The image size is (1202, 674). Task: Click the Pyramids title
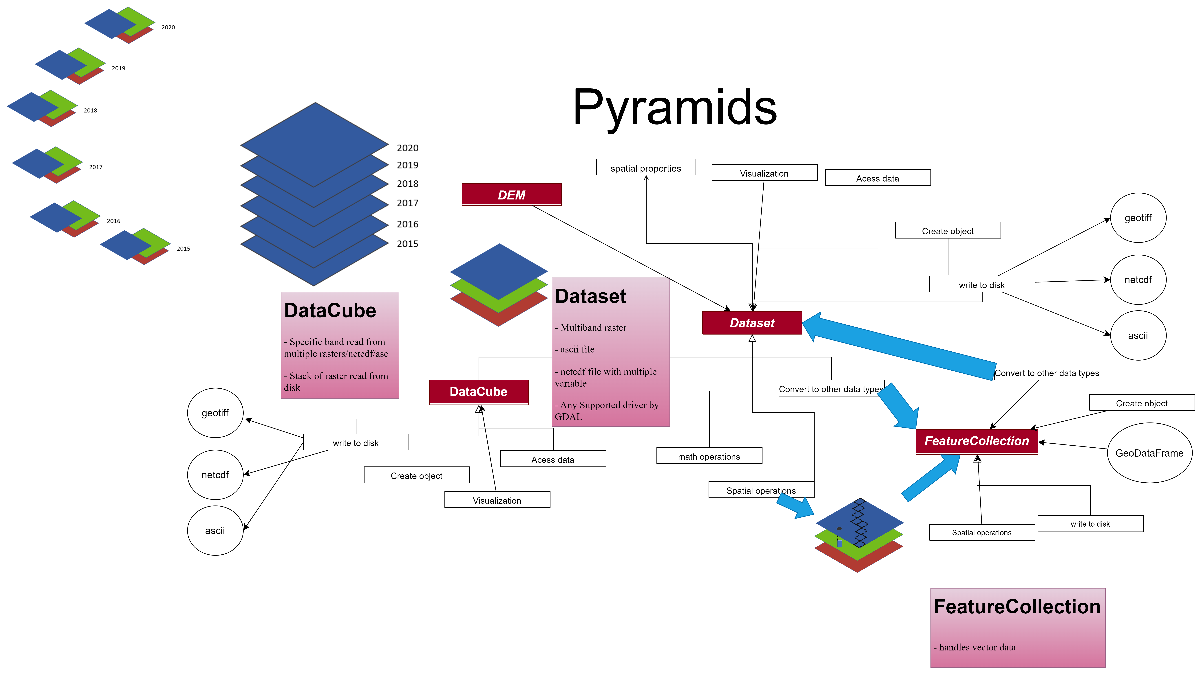tap(675, 108)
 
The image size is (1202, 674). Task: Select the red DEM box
tap(511, 195)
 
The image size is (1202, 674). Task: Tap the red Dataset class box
tap(752, 323)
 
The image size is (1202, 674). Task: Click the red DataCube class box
tap(478, 392)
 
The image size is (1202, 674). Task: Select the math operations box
tap(709, 456)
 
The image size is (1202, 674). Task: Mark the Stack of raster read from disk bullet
tap(336, 382)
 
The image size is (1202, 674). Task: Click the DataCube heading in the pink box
tap(330, 311)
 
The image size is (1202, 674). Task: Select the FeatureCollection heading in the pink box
tap(1017, 606)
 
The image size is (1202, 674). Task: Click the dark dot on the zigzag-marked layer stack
tap(839, 528)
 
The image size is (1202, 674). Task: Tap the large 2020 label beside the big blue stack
tap(407, 148)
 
